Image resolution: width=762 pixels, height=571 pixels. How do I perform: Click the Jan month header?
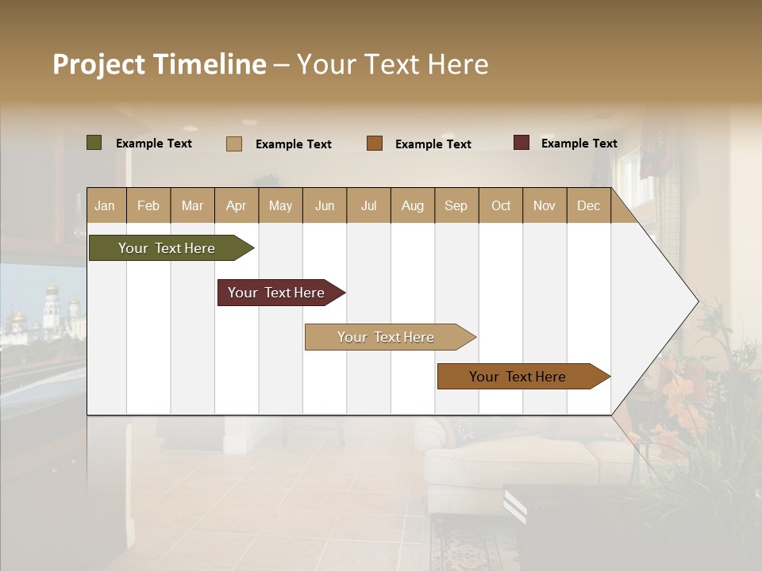click(105, 206)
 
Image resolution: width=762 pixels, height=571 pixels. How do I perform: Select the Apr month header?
click(236, 206)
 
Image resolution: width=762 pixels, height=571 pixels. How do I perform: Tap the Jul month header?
click(368, 206)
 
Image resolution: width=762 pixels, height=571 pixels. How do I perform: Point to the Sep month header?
click(456, 206)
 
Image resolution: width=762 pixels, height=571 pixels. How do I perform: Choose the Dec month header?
click(588, 206)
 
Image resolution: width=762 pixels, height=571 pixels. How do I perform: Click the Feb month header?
click(148, 206)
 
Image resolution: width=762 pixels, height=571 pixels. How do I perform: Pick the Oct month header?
click(501, 206)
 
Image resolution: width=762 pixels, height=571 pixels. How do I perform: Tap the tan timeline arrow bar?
click(387, 337)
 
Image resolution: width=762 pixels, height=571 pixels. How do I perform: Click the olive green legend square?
click(94, 143)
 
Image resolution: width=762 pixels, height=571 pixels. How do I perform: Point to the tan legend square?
click(234, 144)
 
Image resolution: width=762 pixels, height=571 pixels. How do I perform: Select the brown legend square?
click(375, 144)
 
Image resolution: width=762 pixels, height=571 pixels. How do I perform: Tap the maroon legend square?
click(521, 143)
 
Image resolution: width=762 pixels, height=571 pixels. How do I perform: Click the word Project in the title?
click(98, 64)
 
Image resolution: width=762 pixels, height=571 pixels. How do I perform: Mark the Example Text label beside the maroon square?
click(579, 144)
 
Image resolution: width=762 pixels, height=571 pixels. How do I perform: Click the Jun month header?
click(325, 206)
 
